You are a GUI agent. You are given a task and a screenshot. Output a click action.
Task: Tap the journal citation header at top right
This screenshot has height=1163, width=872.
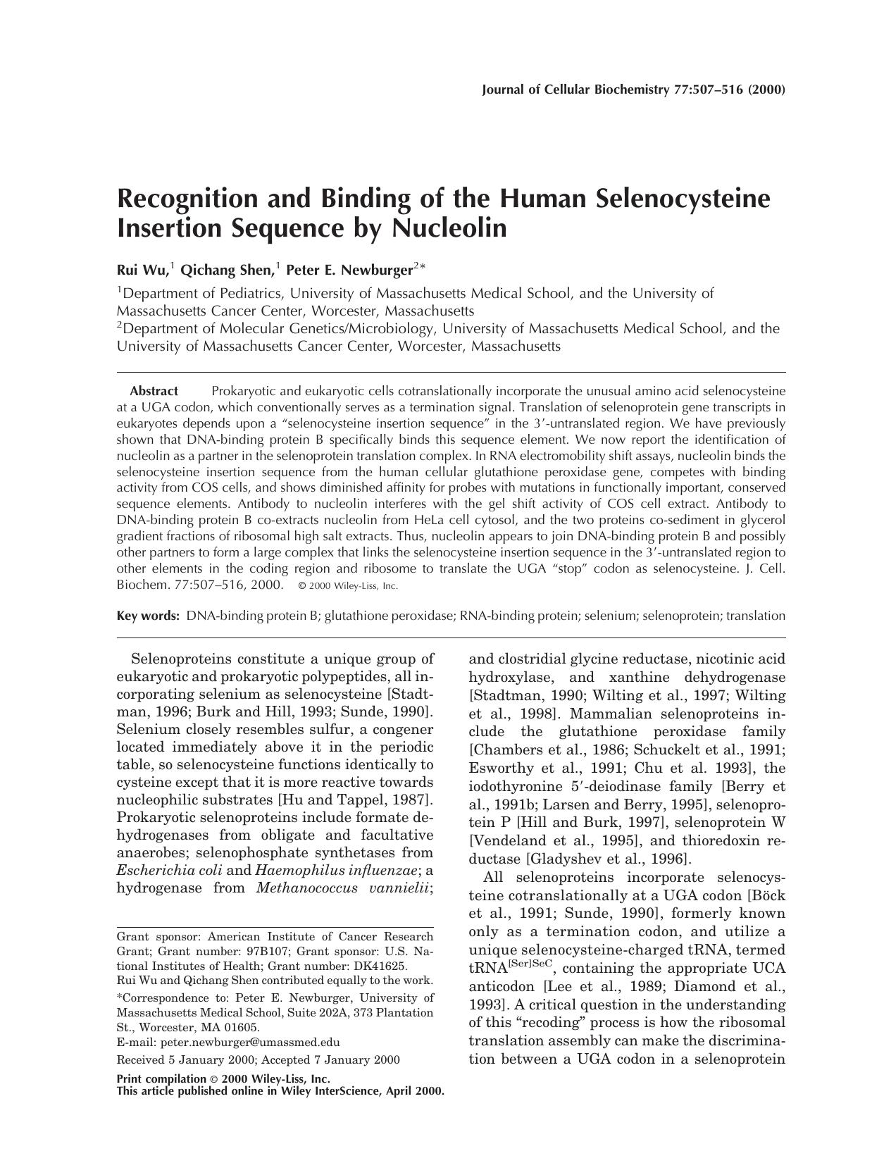coord(633,89)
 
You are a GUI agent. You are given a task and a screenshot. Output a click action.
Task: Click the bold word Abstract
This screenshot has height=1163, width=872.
coord(154,391)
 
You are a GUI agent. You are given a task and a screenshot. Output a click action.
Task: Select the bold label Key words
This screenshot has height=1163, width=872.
coord(148,616)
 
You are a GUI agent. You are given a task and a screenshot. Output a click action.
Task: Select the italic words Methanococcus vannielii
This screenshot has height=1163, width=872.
coord(343,888)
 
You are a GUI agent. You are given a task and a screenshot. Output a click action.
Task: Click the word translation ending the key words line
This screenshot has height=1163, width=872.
coord(755,616)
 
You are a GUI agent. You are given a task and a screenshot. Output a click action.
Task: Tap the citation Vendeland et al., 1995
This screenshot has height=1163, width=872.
coord(556,840)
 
